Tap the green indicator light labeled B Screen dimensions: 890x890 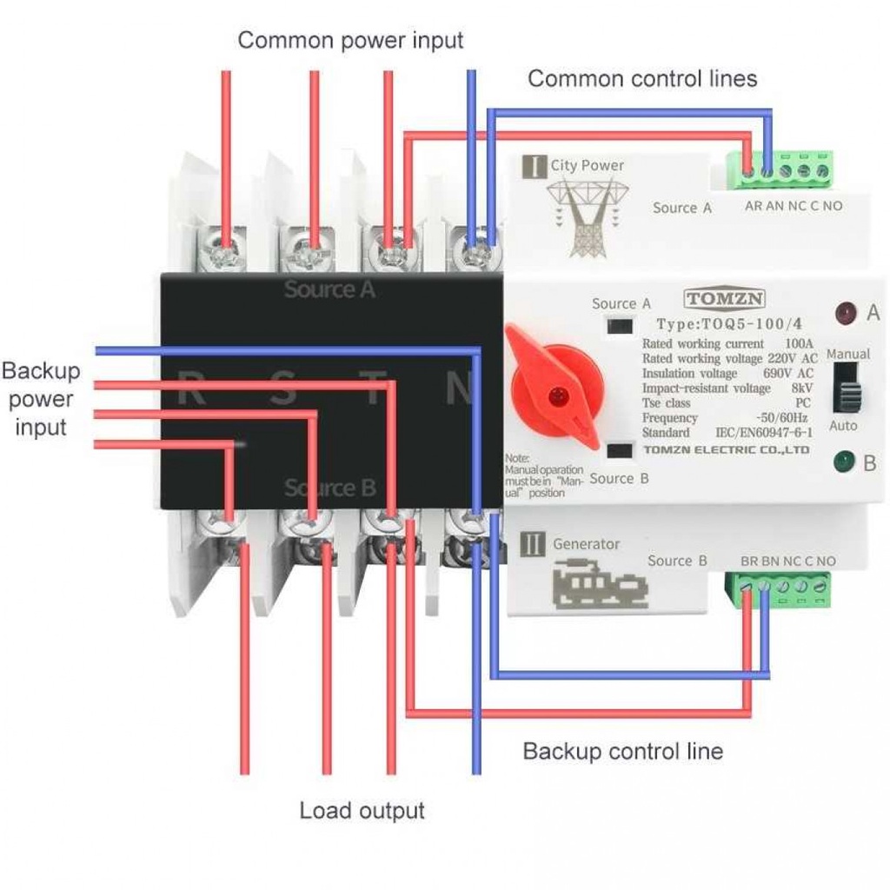point(841,462)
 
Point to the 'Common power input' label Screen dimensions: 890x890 point(350,40)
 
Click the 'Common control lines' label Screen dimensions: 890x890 point(642,79)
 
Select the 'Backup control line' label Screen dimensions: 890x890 point(622,751)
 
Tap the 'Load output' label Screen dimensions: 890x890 point(362,811)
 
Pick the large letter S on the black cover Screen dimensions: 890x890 point(282,389)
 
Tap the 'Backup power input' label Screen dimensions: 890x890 point(41,399)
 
